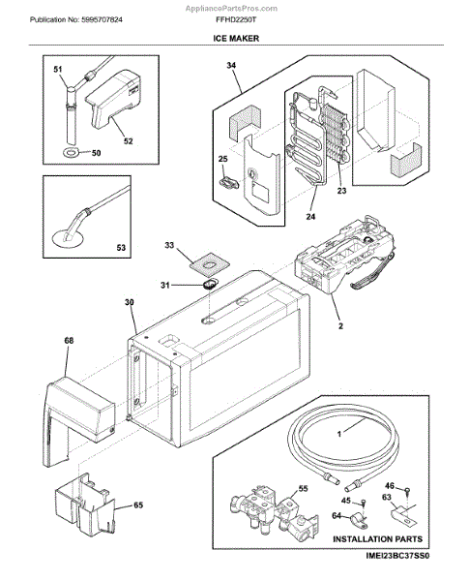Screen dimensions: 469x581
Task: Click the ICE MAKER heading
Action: [x=236, y=38]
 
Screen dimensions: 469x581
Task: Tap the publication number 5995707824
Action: [x=102, y=19]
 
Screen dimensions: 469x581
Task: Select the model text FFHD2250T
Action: [x=236, y=19]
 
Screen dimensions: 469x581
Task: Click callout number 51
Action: [x=58, y=70]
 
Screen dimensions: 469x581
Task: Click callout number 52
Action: [x=128, y=141]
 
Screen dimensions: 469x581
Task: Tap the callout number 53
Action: [x=121, y=248]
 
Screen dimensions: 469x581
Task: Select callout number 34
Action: [x=231, y=65]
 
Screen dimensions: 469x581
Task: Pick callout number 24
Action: [x=310, y=216]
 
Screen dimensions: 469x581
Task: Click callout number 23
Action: [x=341, y=191]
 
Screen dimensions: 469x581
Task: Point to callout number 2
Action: [x=340, y=326]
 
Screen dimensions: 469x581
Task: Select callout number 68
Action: [x=70, y=341]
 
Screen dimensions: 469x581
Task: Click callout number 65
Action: [x=138, y=505]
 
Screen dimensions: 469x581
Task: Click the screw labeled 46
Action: [x=407, y=492]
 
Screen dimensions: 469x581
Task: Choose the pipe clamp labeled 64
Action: [x=359, y=518]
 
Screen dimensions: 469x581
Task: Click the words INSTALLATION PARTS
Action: [x=377, y=539]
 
